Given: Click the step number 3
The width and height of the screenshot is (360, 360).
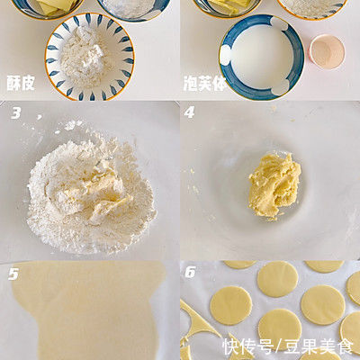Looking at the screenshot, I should pyautogui.click(x=16, y=113).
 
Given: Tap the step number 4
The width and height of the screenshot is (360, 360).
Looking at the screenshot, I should pyautogui.click(x=190, y=113).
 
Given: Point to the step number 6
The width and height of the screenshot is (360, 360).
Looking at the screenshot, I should pyautogui.click(x=190, y=273).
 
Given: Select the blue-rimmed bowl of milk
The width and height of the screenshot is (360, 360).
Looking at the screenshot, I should pyautogui.click(x=260, y=56).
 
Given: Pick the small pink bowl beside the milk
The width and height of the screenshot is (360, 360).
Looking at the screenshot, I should pyautogui.click(x=326, y=51).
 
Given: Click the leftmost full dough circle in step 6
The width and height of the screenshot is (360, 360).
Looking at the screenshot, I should pyautogui.click(x=230, y=304).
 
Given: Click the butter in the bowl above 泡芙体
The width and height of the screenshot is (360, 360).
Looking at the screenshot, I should pyautogui.click(x=225, y=5).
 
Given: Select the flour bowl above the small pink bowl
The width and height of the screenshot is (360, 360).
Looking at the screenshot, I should pyautogui.click(x=310, y=7).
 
